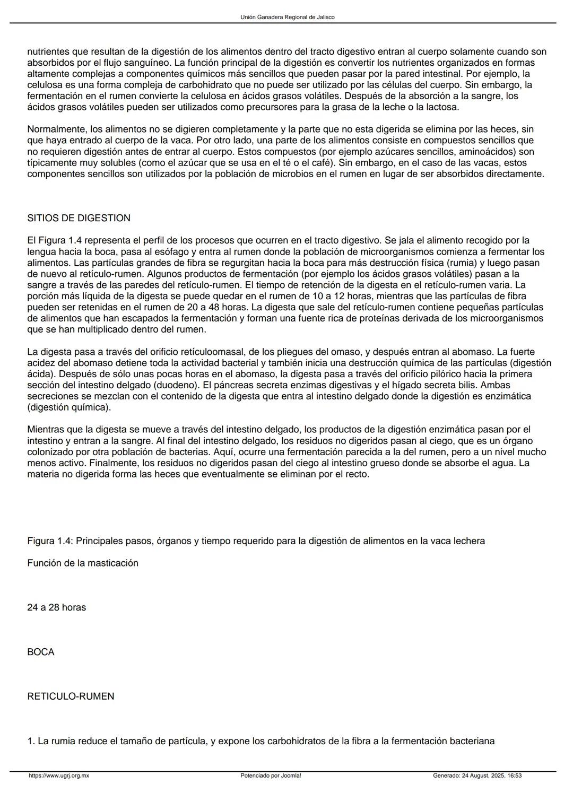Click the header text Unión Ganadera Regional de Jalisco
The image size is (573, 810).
point(287,17)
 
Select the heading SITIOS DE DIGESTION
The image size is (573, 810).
point(79,218)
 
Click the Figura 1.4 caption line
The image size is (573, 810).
point(256,541)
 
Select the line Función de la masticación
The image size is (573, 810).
point(83,563)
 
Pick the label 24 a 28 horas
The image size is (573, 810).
point(56,607)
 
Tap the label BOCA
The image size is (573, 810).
point(41,652)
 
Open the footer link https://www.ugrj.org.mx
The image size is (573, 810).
point(59,776)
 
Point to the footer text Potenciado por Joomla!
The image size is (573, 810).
point(271,776)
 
